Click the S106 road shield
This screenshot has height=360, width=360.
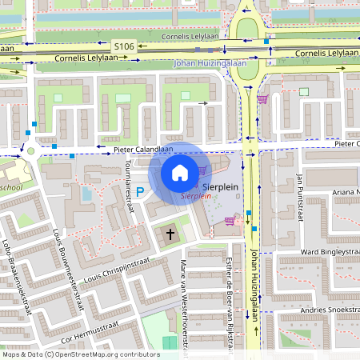[124, 48]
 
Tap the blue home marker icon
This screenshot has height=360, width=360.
[180, 172]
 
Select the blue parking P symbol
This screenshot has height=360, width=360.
[140, 192]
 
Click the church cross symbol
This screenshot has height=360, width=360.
[170, 235]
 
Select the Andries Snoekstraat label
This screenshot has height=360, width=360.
[315, 310]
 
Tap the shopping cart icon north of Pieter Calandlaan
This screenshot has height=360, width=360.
[262, 99]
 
